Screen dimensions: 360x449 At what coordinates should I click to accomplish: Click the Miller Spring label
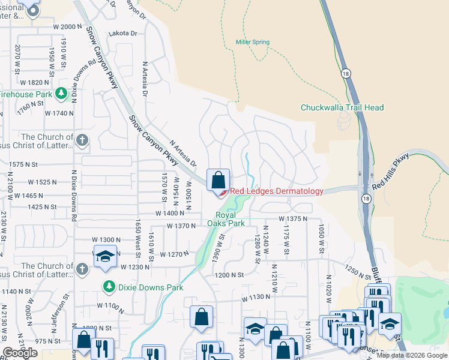click(x=252, y=42)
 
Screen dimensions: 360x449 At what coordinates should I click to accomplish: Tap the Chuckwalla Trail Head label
click(x=342, y=107)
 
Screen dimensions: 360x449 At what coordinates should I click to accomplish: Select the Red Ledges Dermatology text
click(x=277, y=191)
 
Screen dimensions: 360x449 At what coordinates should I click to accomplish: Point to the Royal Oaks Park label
click(x=226, y=219)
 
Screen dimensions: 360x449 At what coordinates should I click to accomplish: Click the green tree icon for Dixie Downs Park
click(x=109, y=286)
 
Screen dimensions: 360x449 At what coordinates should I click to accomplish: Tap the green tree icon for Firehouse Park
click(x=60, y=94)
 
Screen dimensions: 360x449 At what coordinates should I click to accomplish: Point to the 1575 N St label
click(x=23, y=164)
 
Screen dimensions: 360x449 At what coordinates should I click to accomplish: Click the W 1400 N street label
click(x=169, y=214)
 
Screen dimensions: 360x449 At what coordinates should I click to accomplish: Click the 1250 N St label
click(x=359, y=274)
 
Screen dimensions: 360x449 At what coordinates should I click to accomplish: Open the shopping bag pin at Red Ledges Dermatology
click(x=218, y=179)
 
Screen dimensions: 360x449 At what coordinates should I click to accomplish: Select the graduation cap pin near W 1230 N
click(x=105, y=256)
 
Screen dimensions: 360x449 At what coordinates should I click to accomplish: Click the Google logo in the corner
click(x=20, y=353)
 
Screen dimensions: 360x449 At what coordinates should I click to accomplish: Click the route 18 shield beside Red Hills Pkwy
click(x=366, y=198)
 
